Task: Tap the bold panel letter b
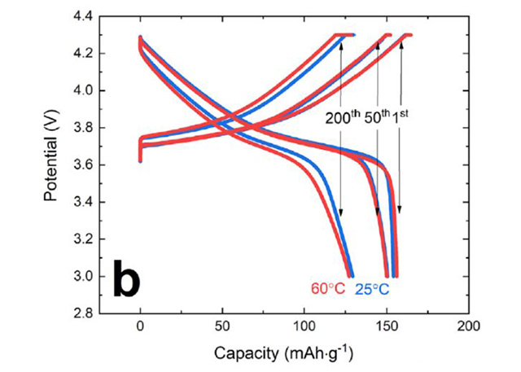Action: (125, 279)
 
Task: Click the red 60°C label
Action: (328, 289)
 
